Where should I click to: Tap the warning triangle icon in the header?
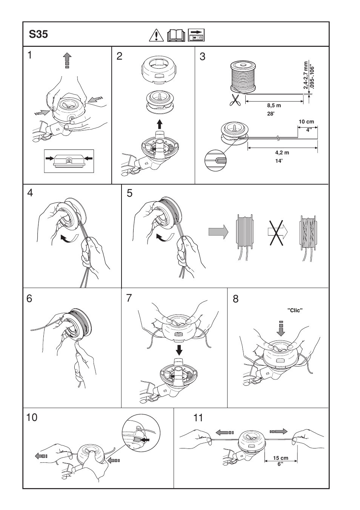point(155,35)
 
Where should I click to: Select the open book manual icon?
point(176,35)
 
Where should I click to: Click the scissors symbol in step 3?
point(235,100)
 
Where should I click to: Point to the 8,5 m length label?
point(274,106)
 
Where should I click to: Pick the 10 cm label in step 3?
point(306,122)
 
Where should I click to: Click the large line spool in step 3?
point(243,76)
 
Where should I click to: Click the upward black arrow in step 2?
point(160,123)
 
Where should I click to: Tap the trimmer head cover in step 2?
point(159,70)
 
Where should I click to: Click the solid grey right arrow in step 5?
point(218,231)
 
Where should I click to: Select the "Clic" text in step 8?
point(295,310)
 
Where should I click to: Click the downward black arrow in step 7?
point(179,350)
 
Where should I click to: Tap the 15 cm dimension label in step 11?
point(280,458)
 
